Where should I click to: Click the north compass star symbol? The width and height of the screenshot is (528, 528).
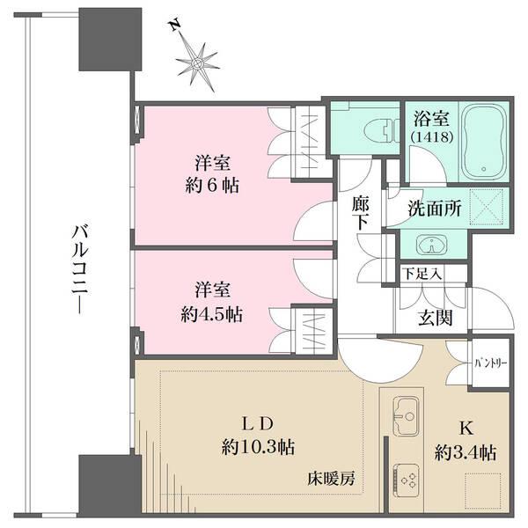pos(199,63)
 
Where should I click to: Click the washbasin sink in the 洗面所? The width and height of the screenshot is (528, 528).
pos(431,244)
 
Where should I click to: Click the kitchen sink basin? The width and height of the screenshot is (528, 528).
pos(406,412)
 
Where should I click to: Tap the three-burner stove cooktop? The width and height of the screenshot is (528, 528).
pos(406,476)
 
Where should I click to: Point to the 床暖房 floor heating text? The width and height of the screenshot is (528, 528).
pos(331,480)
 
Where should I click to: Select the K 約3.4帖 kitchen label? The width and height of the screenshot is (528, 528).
pos(465,443)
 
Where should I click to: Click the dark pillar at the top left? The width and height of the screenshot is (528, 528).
pos(110,40)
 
